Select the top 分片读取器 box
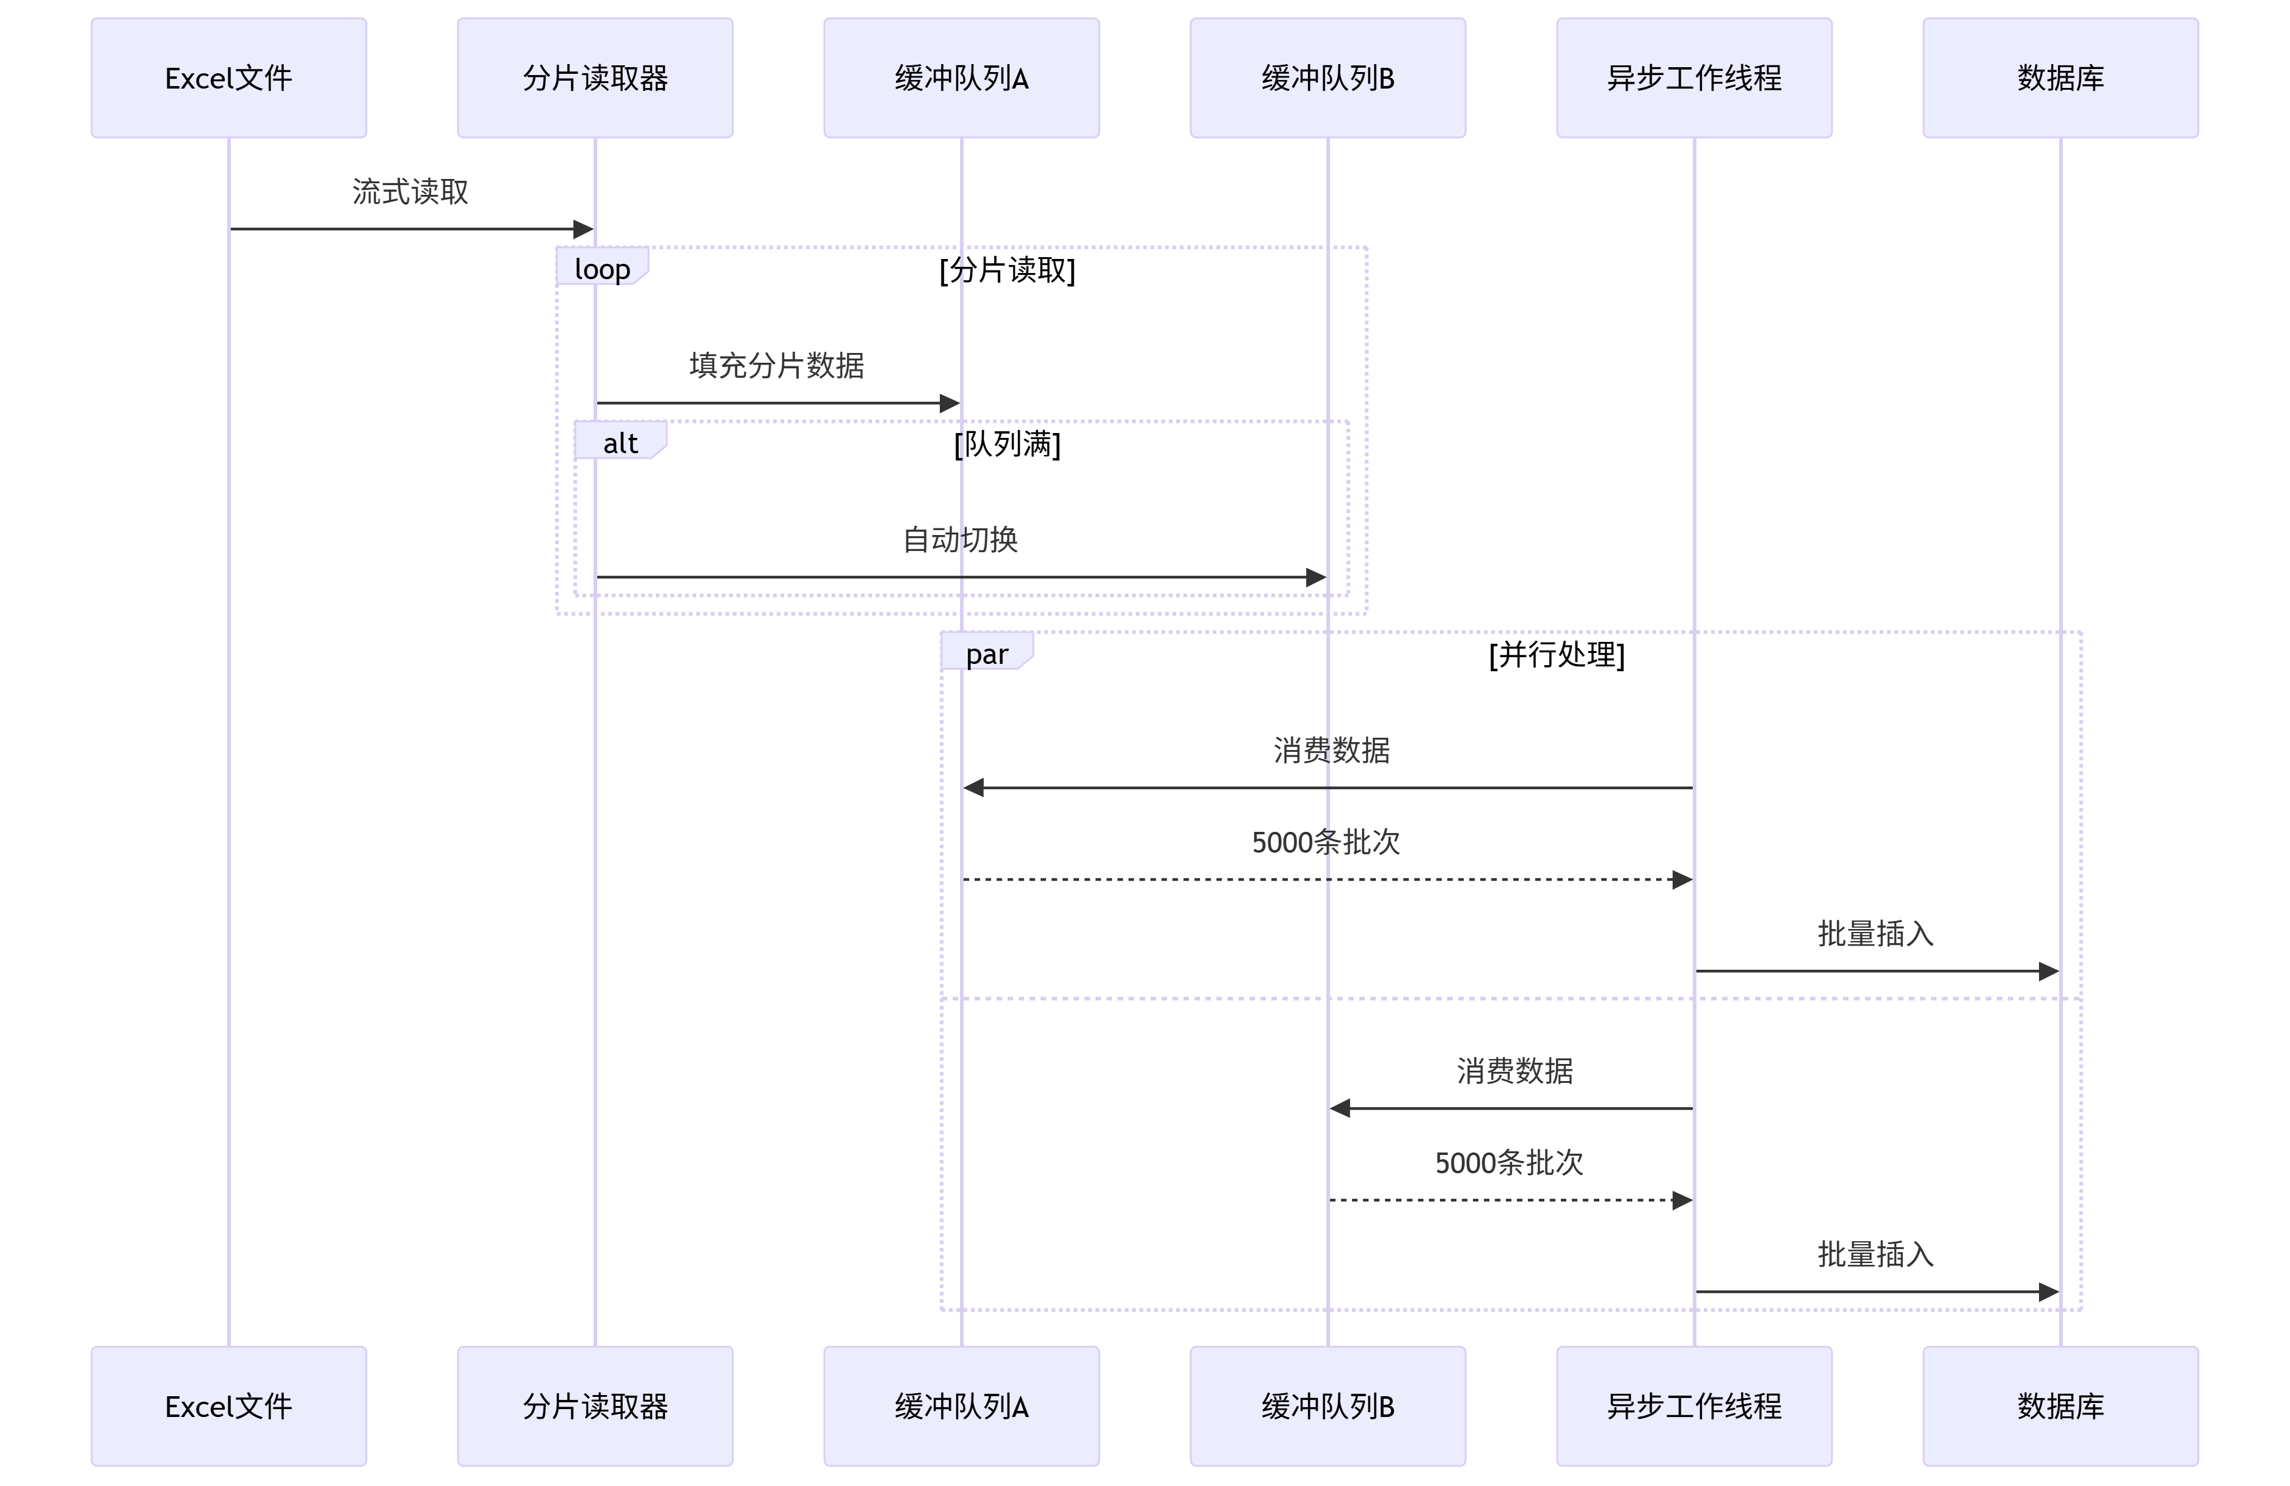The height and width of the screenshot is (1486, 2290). pos(595,78)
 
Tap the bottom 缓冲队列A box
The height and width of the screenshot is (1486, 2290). pos(961,1406)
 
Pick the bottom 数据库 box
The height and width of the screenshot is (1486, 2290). pos(2060,1406)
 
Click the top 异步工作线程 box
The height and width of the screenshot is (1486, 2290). pos(1693,78)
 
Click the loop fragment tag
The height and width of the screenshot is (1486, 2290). pos(602,269)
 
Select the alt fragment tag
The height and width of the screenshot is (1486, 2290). pos(620,443)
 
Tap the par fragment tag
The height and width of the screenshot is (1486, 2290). pos(986,654)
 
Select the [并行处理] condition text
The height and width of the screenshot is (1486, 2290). pos(1556,655)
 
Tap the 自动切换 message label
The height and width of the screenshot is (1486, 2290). pos(959,539)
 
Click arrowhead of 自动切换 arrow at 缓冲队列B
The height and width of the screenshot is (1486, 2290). pos(1315,577)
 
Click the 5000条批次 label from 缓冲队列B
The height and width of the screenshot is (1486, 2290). pos(1509,1163)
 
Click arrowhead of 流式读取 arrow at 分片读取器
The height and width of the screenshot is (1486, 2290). pos(583,229)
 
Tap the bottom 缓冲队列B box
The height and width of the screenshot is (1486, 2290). pos(1327,1406)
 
